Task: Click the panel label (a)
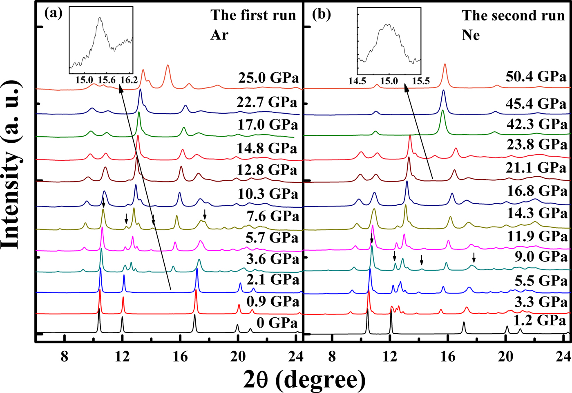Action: click(53, 13)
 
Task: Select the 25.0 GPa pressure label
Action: click(268, 78)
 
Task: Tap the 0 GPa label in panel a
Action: click(277, 323)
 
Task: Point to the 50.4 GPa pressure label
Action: click(536, 76)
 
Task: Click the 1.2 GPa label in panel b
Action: click(540, 320)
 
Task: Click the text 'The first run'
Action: click(253, 15)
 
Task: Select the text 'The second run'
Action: click(513, 16)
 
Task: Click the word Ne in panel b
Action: click(471, 35)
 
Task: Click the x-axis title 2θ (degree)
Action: click(304, 379)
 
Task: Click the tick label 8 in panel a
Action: click(64, 346)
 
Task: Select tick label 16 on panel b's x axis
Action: click(448, 346)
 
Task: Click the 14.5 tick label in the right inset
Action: click(357, 81)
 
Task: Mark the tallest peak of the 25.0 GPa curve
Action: click(168, 65)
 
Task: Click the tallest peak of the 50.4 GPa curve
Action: click(445, 64)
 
